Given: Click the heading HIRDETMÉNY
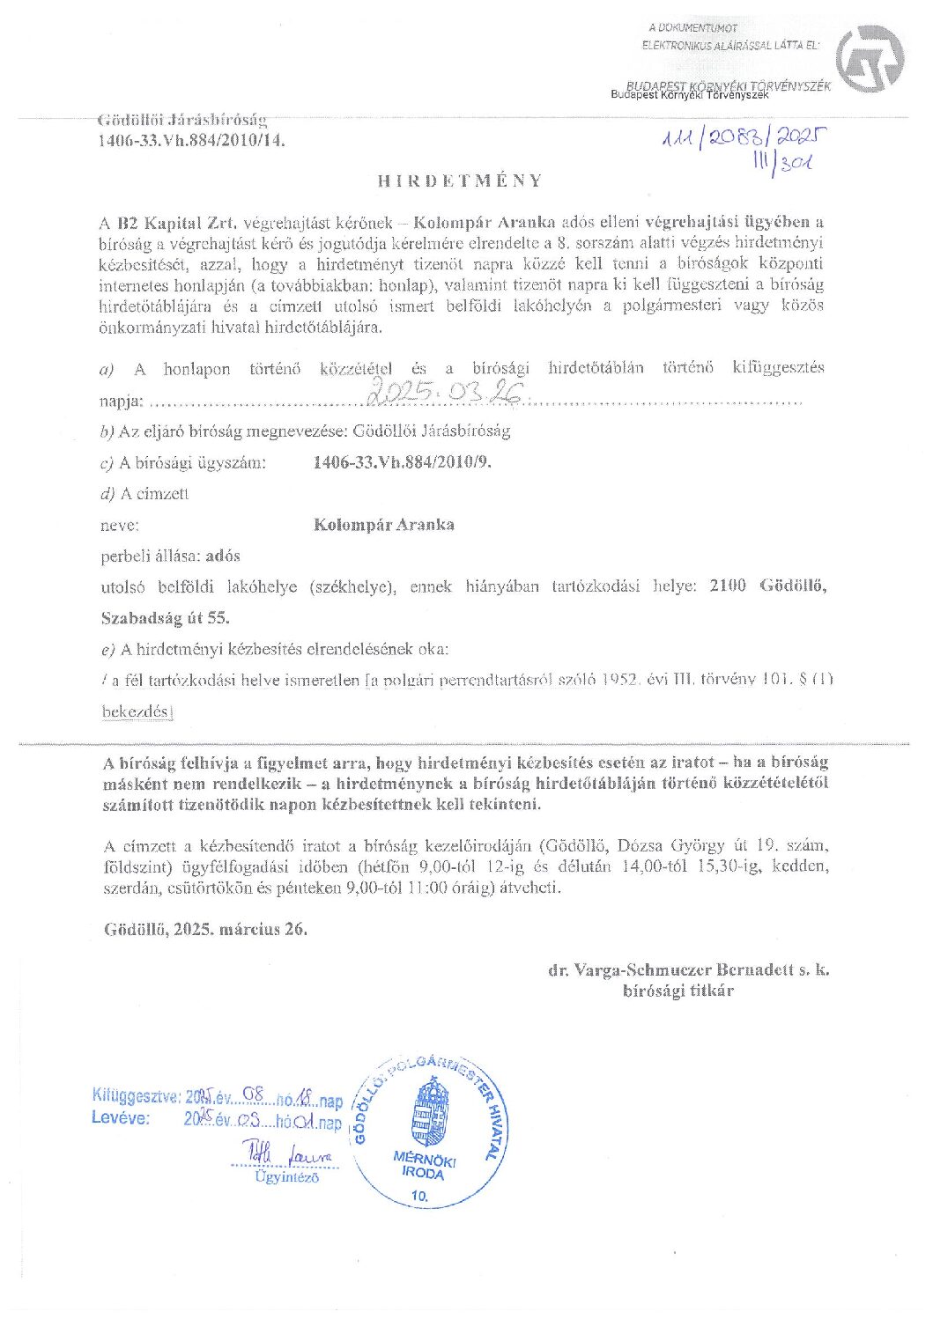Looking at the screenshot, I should click(460, 181).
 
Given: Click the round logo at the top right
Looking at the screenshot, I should click(870, 58).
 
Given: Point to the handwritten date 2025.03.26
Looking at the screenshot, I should click(446, 394).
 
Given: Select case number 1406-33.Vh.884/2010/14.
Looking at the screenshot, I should click(191, 139).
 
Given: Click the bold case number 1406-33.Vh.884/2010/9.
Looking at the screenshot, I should click(402, 462).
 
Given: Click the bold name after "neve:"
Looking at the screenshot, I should click(384, 525).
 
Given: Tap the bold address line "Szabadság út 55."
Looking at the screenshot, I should click(166, 617).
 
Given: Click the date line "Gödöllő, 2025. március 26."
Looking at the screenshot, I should click(205, 928).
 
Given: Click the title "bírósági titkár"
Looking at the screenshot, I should click(678, 991).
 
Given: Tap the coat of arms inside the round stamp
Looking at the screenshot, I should click(430, 1111).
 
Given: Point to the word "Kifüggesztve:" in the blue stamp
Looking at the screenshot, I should click(137, 1096).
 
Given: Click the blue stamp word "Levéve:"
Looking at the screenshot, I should click(121, 1118).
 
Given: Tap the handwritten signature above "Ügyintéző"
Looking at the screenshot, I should click(285, 1153).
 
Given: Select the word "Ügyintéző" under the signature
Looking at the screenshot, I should click(286, 1176).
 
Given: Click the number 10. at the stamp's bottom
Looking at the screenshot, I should click(420, 1196).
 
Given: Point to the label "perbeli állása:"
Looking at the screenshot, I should click(151, 556).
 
